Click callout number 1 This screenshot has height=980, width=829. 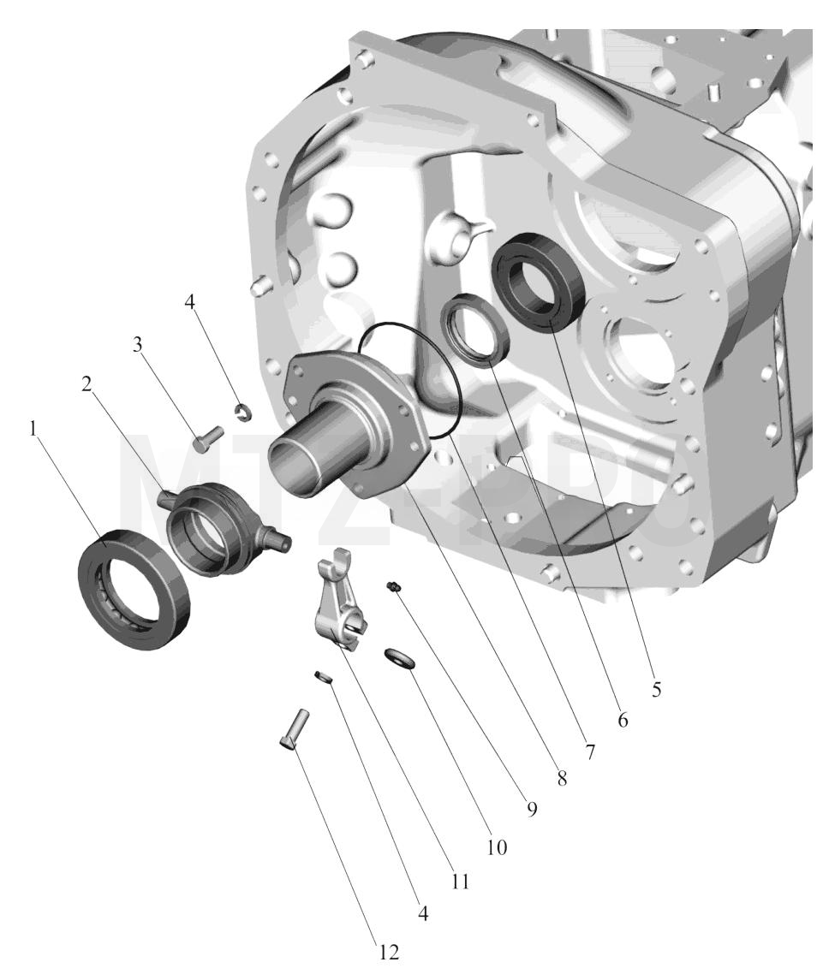coord(34,429)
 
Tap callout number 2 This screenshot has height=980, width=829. coord(86,384)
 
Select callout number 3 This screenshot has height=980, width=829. coord(137,344)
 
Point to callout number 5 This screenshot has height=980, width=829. coord(656,689)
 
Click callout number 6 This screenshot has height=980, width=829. coord(622,720)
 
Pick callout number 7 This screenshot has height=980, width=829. coord(589,751)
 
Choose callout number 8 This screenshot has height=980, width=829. coord(562,778)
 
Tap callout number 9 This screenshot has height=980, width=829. coord(532,810)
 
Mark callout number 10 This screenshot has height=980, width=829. coord(497,847)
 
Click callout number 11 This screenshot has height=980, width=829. coord(460,882)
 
